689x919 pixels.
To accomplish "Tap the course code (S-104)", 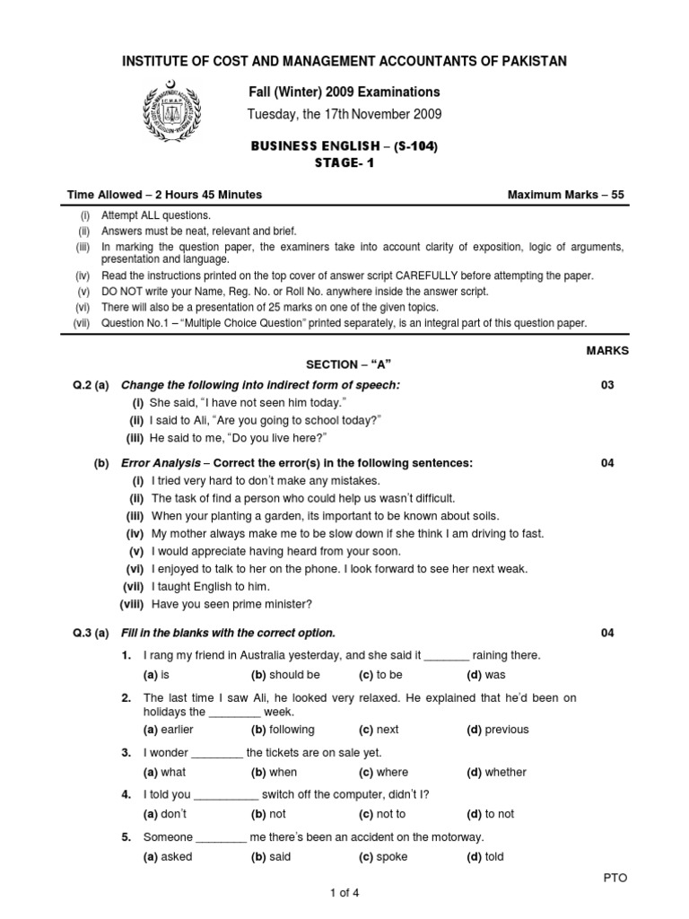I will [x=413, y=146].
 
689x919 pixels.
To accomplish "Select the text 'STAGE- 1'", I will [x=344, y=162].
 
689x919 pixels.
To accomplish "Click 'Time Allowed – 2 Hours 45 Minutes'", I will [x=165, y=195].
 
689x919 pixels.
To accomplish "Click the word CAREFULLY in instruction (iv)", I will [x=459, y=276].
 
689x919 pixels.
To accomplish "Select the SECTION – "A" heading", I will [x=350, y=363].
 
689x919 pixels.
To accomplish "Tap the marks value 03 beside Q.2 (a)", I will [x=608, y=385].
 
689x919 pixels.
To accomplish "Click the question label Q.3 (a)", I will [x=91, y=633].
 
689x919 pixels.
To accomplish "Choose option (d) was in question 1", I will [x=486, y=675].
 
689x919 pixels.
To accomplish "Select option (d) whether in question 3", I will [x=496, y=772].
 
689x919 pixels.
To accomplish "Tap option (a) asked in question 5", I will [x=168, y=856].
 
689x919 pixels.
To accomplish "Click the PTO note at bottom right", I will [x=615, y=878].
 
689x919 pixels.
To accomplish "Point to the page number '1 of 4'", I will [x=344, y=893].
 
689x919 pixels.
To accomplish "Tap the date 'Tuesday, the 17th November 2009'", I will [x=344, y=114].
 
